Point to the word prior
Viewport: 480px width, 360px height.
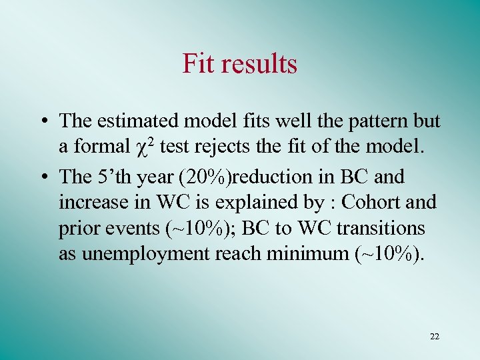click(79, 228)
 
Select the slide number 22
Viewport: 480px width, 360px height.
click(435, 337)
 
